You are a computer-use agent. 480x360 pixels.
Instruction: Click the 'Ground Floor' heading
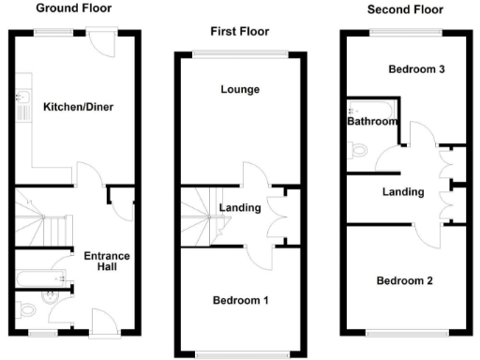pos(73,8)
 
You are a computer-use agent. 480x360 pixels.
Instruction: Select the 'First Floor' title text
pos(238,32)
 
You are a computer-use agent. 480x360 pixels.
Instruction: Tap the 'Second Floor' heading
pos(405,10)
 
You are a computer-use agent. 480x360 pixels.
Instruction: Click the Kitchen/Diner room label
pos(79,107)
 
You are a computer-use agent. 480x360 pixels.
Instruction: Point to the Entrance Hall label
pos(107,262)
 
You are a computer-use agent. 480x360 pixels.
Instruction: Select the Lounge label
pos(240,90)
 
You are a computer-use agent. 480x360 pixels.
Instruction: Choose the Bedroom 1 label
pos(240,300)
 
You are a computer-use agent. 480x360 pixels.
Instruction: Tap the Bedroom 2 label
pos(405,280)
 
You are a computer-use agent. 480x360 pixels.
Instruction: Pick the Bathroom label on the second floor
pos(372,122)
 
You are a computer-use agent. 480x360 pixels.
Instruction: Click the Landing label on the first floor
pos(240,208)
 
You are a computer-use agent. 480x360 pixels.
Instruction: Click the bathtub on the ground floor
pos(39,278)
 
